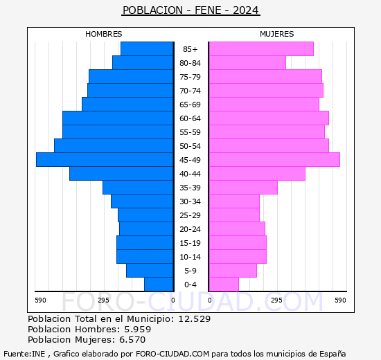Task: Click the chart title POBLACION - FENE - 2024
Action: (190, 10)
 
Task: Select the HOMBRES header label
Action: (104, 34)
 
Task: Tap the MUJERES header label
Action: (276, 34)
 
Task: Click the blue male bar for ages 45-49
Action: (104, 159)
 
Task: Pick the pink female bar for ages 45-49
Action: (274, 159)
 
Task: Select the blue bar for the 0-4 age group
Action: (158, 284)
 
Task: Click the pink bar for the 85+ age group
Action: (260, 48)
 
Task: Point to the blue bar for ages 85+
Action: (146, 48)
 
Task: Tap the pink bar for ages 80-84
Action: (247, 62)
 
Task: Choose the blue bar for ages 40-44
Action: (121, 173)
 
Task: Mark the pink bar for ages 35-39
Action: (242, 187)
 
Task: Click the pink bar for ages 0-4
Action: (223, 284)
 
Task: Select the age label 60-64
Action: (190, 118)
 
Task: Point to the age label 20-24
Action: (190, 229)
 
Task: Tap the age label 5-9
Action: (190, 271)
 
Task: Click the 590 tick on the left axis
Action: (40, 300)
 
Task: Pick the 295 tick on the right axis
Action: (276, 300)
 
